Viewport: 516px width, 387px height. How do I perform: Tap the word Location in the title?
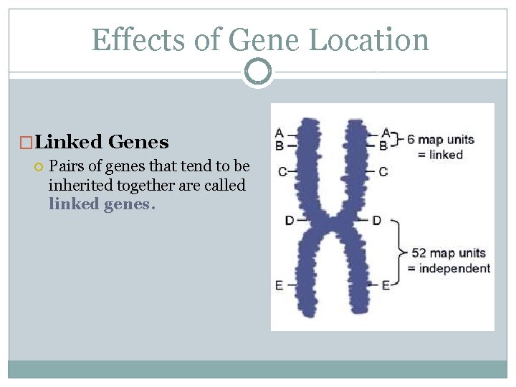pyautogui.click(x=368, y=39)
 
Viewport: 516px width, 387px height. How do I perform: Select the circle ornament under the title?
pyautogui.click(x=258, y=72)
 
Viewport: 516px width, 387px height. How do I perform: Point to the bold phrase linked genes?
pyautogui.click(x=100, y=204)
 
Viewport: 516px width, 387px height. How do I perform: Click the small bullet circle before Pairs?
pyautogui.click(x=39, y=167)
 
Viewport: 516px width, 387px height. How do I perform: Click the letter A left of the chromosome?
pyautogui.click(x=279, y=133)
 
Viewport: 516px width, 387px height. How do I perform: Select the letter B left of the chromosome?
pyautogui.click(x=279, y=145)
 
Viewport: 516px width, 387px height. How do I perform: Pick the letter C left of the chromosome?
pyautogui.click(x=282, y=172)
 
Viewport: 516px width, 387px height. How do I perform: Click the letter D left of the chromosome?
pyautogui.click(x=289, y=220)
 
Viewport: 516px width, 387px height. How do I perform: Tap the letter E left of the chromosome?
pyautogui.click(x=279, y=285)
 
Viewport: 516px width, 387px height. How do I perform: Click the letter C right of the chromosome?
pyautogui.click(x=383, y=172)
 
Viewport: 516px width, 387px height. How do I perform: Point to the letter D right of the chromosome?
pyautogui.click(x=377, y=220)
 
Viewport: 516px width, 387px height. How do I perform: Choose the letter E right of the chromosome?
pyautogui.click(x=386, y=285)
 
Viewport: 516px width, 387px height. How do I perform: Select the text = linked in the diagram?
pyautogui.click(x=440, y=154)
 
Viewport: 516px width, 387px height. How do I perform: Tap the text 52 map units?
pyautogui.click(x=448, y=253)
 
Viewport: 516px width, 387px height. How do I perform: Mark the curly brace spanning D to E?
pyautogui.click(x=399, y=252)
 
